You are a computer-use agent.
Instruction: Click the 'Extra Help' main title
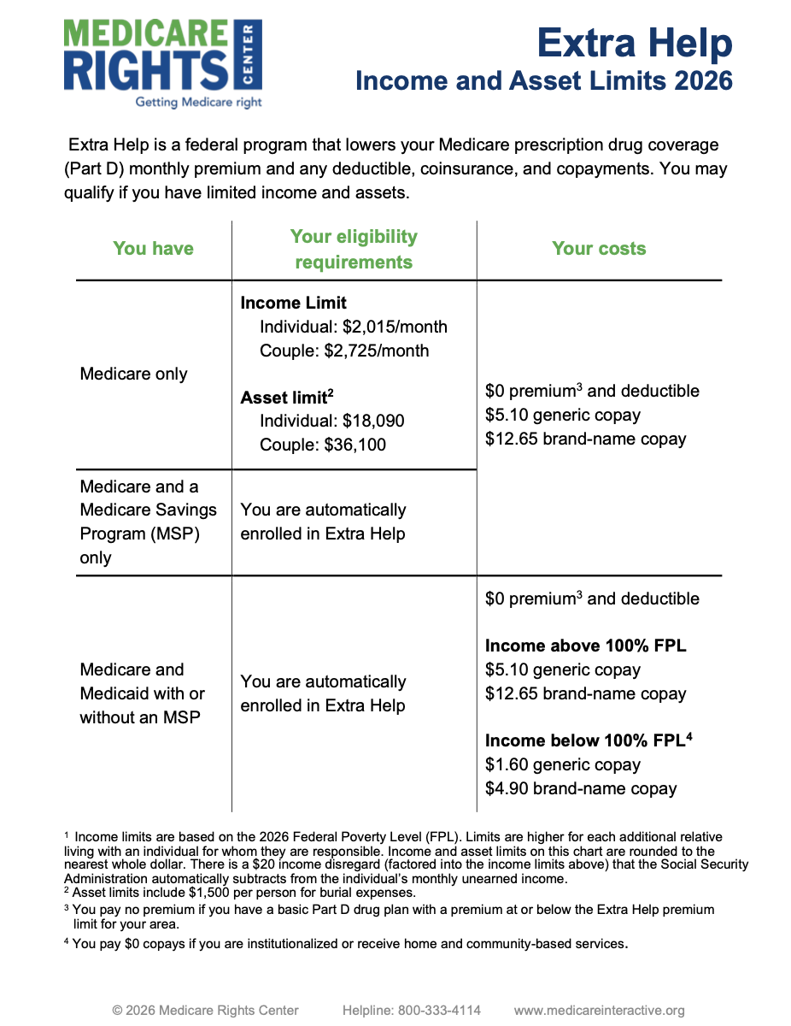[635, 42]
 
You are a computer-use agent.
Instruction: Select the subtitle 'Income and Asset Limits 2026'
[543, 81]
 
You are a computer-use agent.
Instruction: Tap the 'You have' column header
[153, 249]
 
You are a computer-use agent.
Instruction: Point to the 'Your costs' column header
[599, 249]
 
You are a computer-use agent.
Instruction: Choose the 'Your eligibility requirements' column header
[354, 249]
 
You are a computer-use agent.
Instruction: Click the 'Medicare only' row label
[133, 374]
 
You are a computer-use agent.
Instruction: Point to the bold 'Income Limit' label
[294, 304]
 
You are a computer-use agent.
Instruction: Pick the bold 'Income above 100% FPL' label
[585, 646]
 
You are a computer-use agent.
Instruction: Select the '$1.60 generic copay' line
[563, 764]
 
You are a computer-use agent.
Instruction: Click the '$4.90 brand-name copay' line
[581, 788]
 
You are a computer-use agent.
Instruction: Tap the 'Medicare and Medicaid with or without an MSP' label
[141, 693]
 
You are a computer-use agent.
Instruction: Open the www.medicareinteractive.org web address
[599, 1011]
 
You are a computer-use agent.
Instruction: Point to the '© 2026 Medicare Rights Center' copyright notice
[205, 1011]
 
